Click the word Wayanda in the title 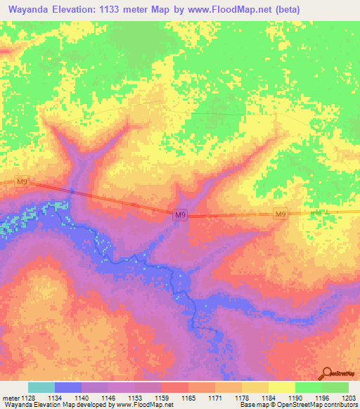tap(32, 10)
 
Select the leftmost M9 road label tap(22, 183)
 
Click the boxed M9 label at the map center tap(181, 215)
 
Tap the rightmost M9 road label tap(280, 214)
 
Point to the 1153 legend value tap(136, 397)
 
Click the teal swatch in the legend tap(41, 387)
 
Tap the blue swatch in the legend tap(68, 387)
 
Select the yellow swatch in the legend tap(281, 387)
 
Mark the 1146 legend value tap(108, 397)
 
